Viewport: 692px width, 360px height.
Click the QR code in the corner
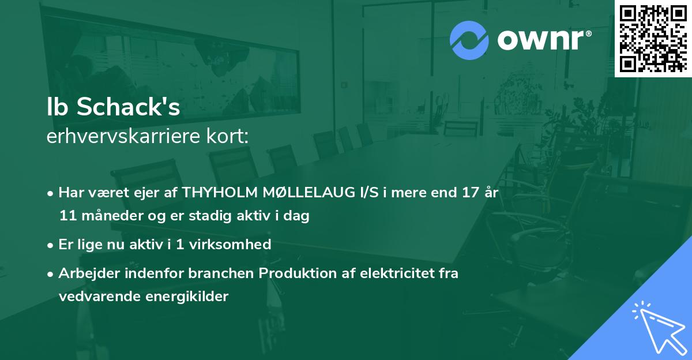(653, 38)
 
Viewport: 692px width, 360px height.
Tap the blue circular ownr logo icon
(469, 40)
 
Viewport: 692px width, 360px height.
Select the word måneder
(102, 216)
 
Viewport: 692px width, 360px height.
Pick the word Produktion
(294, 273)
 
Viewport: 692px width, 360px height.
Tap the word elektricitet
(398, 273)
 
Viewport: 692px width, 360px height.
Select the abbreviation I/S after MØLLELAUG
(368, 193)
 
